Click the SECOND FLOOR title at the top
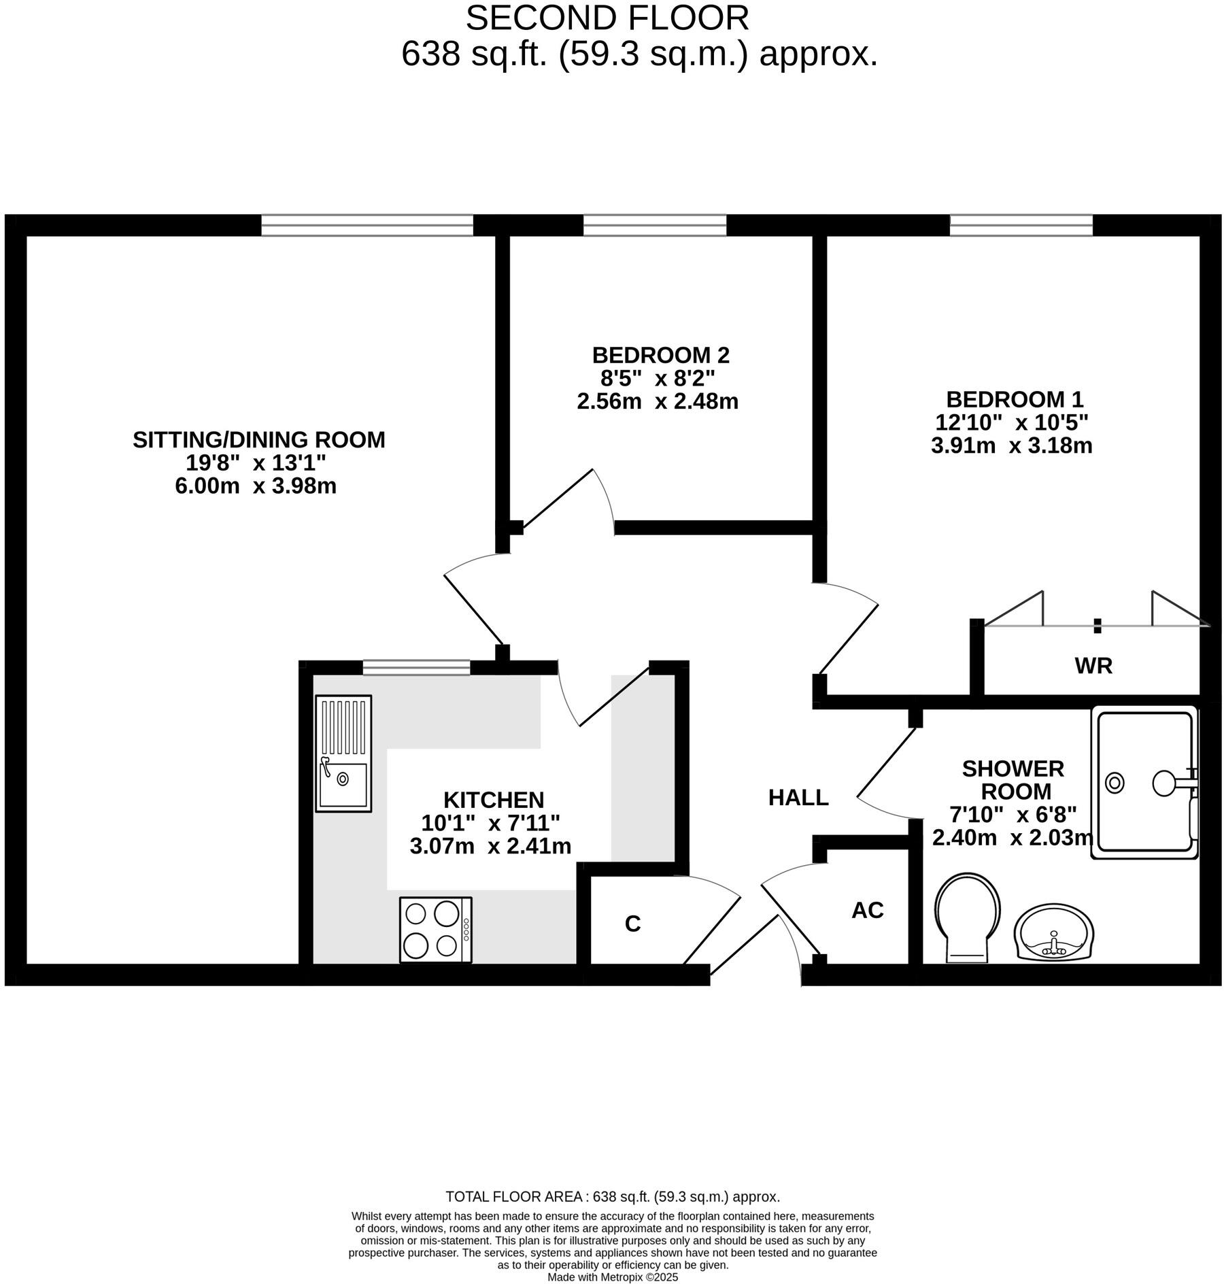click(607, 18)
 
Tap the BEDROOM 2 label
click(660, 355)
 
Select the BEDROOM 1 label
click(1015, 399)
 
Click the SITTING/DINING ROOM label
click(258, 440)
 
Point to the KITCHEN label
click(494, 799)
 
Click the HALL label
click(798, 797)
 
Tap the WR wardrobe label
click(1093, 666)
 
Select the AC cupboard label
click(867, 910)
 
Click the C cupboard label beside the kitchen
click(632, 924)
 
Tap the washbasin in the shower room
click(1054, 932)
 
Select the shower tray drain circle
click(1115, 783)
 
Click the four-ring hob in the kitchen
click(435, 929)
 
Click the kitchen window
click(416, 668)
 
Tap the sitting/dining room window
click(367, 225)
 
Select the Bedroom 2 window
click(655, 225)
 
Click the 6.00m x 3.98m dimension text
click(256, 486)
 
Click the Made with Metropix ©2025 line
click(613, 1277)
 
